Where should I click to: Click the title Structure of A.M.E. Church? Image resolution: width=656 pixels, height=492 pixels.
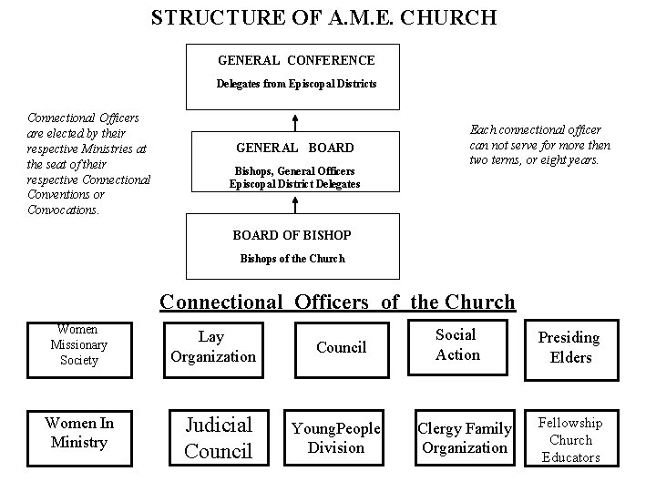point(323,17)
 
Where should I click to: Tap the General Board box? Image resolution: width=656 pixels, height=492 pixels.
point(295,159)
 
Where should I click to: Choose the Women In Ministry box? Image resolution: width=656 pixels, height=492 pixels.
point(78,433)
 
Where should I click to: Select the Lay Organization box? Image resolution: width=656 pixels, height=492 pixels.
point(213,346)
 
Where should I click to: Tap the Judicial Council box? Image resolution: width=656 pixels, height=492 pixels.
point(218,437)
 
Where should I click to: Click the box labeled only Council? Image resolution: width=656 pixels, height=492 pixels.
point(341,347)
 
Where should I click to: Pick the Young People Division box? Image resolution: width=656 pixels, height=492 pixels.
point(335,438)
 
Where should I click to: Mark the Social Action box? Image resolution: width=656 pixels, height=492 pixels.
point(456,344)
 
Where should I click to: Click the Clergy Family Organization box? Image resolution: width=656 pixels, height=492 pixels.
point(464,438)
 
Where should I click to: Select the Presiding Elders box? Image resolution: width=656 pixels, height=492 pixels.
point(569,347)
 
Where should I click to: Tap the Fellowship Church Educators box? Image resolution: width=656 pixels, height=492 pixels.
point(571,439)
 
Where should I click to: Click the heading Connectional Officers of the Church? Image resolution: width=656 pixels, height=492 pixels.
point(337,302)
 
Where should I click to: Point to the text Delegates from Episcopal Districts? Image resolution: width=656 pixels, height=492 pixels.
point(296,84)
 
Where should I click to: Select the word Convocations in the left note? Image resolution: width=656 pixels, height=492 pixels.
point(63,210)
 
